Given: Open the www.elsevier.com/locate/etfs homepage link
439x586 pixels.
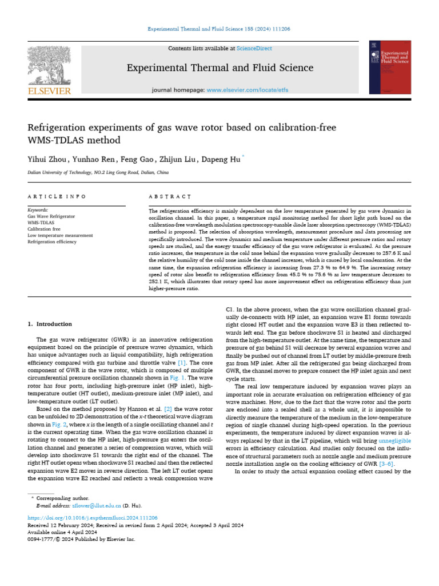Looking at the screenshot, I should point(248,90).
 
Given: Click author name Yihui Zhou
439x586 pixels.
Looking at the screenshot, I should point(46,159).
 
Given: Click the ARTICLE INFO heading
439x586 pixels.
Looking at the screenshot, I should point(57,196).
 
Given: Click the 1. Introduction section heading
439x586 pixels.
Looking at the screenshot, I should point(50,324).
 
